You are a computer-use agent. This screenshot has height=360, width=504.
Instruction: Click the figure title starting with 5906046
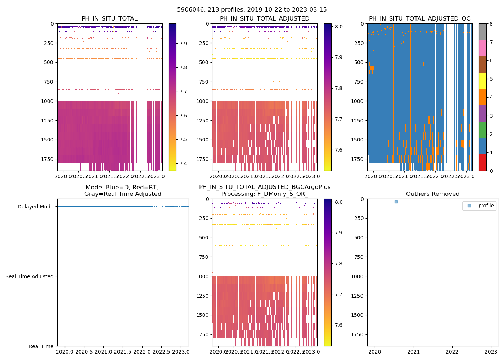point(252,10)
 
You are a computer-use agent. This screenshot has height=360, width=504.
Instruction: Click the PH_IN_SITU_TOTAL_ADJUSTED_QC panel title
point(419,19)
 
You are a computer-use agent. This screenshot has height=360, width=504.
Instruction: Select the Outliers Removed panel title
point(433,194)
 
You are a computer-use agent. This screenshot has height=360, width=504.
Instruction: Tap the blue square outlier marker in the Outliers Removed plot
point(396,202)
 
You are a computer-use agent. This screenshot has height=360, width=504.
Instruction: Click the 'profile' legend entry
point(486,206)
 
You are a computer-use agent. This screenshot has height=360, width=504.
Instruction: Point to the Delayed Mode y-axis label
point(35,207)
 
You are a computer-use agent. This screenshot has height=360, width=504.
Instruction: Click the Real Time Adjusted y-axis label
point(30,276)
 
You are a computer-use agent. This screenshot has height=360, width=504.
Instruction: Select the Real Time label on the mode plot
point(41,346)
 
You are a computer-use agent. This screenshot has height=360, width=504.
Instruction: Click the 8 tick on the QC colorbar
point(491,24)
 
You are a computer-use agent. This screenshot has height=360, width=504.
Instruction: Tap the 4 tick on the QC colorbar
point(491,97)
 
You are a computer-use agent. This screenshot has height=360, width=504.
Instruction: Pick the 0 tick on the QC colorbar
point(491,171)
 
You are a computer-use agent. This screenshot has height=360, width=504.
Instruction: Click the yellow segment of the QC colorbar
point(483,81)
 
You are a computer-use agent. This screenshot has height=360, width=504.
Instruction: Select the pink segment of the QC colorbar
point(483,48)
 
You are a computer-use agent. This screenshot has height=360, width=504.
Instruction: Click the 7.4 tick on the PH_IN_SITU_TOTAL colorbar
point(183,163)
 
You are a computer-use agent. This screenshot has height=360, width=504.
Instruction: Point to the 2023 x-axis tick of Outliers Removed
point(491,352)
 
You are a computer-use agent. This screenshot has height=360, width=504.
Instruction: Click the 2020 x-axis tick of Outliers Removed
point(375,352)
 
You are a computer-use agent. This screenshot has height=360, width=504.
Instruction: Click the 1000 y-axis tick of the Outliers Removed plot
point(357,276)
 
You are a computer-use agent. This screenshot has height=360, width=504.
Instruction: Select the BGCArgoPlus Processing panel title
point(265,190)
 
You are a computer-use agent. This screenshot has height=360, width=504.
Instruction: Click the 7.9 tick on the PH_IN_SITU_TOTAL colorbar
point(183,44)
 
